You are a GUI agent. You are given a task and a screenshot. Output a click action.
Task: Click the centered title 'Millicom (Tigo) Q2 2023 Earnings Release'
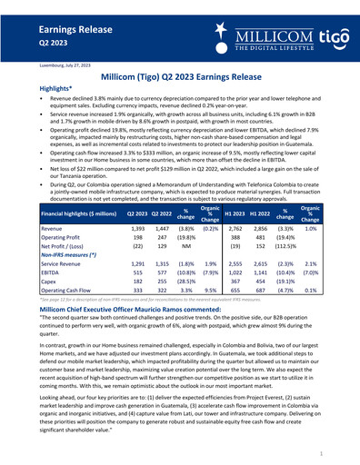[x=181, y=79]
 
